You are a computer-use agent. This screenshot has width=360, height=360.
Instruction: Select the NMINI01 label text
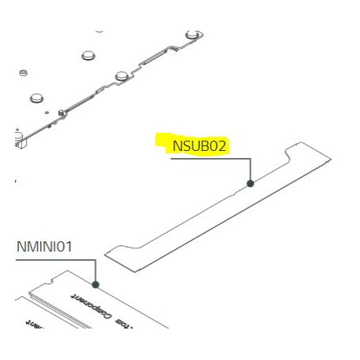coord(44,247)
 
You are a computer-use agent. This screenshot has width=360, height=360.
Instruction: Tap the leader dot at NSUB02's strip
coord(250,183)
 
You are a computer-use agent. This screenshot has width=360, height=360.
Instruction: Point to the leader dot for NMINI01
coord(95,285)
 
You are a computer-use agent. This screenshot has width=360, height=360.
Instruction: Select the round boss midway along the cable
coord(122,75)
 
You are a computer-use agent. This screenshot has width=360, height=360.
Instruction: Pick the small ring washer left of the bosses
coord(23,72)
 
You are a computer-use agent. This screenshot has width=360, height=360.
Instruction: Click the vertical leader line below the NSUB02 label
coord(250,170)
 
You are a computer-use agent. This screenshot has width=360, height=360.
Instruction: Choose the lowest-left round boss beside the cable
coord(35,98)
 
